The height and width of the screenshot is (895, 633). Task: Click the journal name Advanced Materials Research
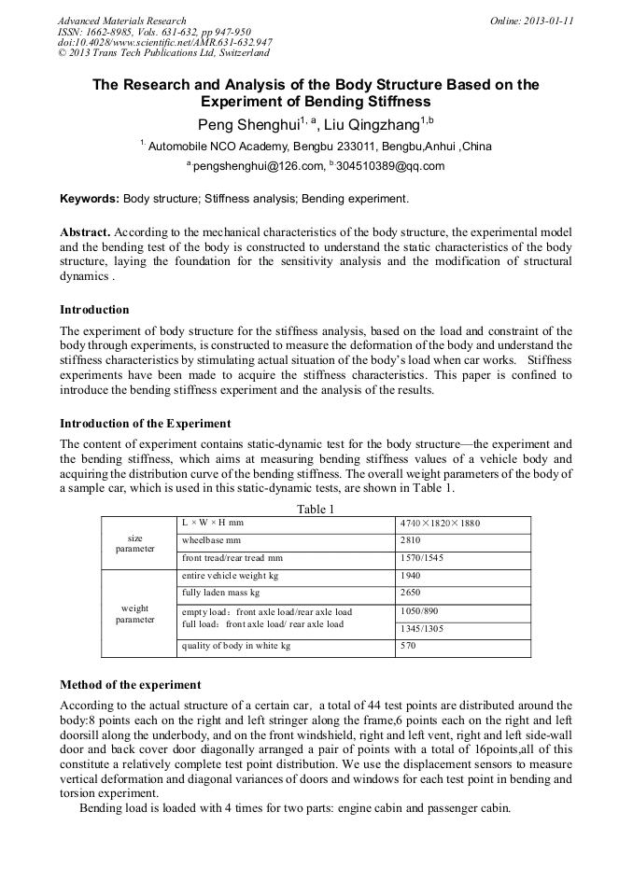pos(122,21)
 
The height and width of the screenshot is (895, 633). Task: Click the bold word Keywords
pos(90,199)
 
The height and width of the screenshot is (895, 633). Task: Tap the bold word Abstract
pos(85,231)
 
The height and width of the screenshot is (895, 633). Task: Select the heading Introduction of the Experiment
pos(145,424)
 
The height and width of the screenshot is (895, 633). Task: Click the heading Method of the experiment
pos(130,685)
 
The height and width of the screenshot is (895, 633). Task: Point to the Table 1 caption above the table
pos(316,509)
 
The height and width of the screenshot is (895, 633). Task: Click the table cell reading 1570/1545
pos(422,558)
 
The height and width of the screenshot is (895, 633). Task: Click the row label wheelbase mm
pos(211,540)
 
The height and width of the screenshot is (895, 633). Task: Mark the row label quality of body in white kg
pos(236,646)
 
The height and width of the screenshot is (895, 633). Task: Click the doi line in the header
pos(165,42)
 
